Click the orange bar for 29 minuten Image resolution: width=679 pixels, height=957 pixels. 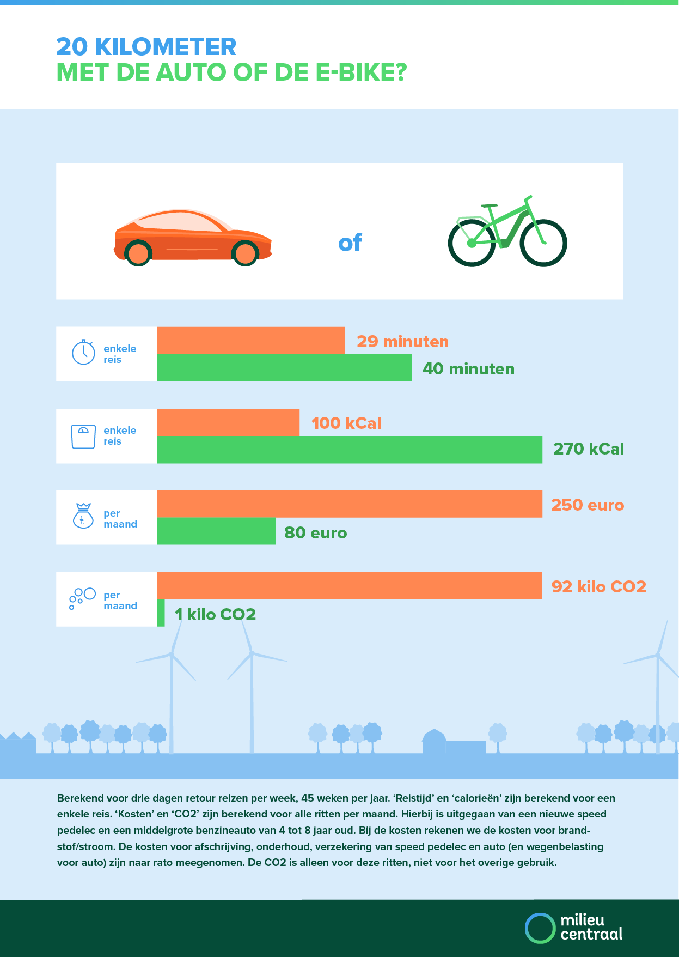[x=250, y=341]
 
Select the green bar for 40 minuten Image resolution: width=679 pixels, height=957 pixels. [x=284, y=368]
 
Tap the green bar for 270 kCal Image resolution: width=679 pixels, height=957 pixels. [x=350, y=450]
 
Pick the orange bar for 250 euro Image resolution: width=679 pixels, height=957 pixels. [x=350, y=504]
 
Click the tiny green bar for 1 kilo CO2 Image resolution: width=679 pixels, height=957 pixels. [x=161, y=613]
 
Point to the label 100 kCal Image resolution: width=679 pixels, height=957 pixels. [x=346, y=423]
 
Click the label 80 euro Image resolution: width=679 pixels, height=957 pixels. [x=315, y=532]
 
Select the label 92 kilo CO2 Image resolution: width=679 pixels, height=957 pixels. [x=599, y=586]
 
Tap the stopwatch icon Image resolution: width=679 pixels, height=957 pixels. [x=83, y=352]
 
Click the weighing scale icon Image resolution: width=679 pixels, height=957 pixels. [x=83, y=437]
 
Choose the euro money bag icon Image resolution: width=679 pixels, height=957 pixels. [x=83, y=516]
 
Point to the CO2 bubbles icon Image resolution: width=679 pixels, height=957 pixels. [x=82, y=598]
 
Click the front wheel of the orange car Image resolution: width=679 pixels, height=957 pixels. [x=245, y=253]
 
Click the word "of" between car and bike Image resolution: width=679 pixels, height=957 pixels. [x=350, y=243]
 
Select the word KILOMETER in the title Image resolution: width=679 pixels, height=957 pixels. [x=166, y=47]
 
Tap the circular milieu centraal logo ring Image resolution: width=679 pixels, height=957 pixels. [x=540, y=928]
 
